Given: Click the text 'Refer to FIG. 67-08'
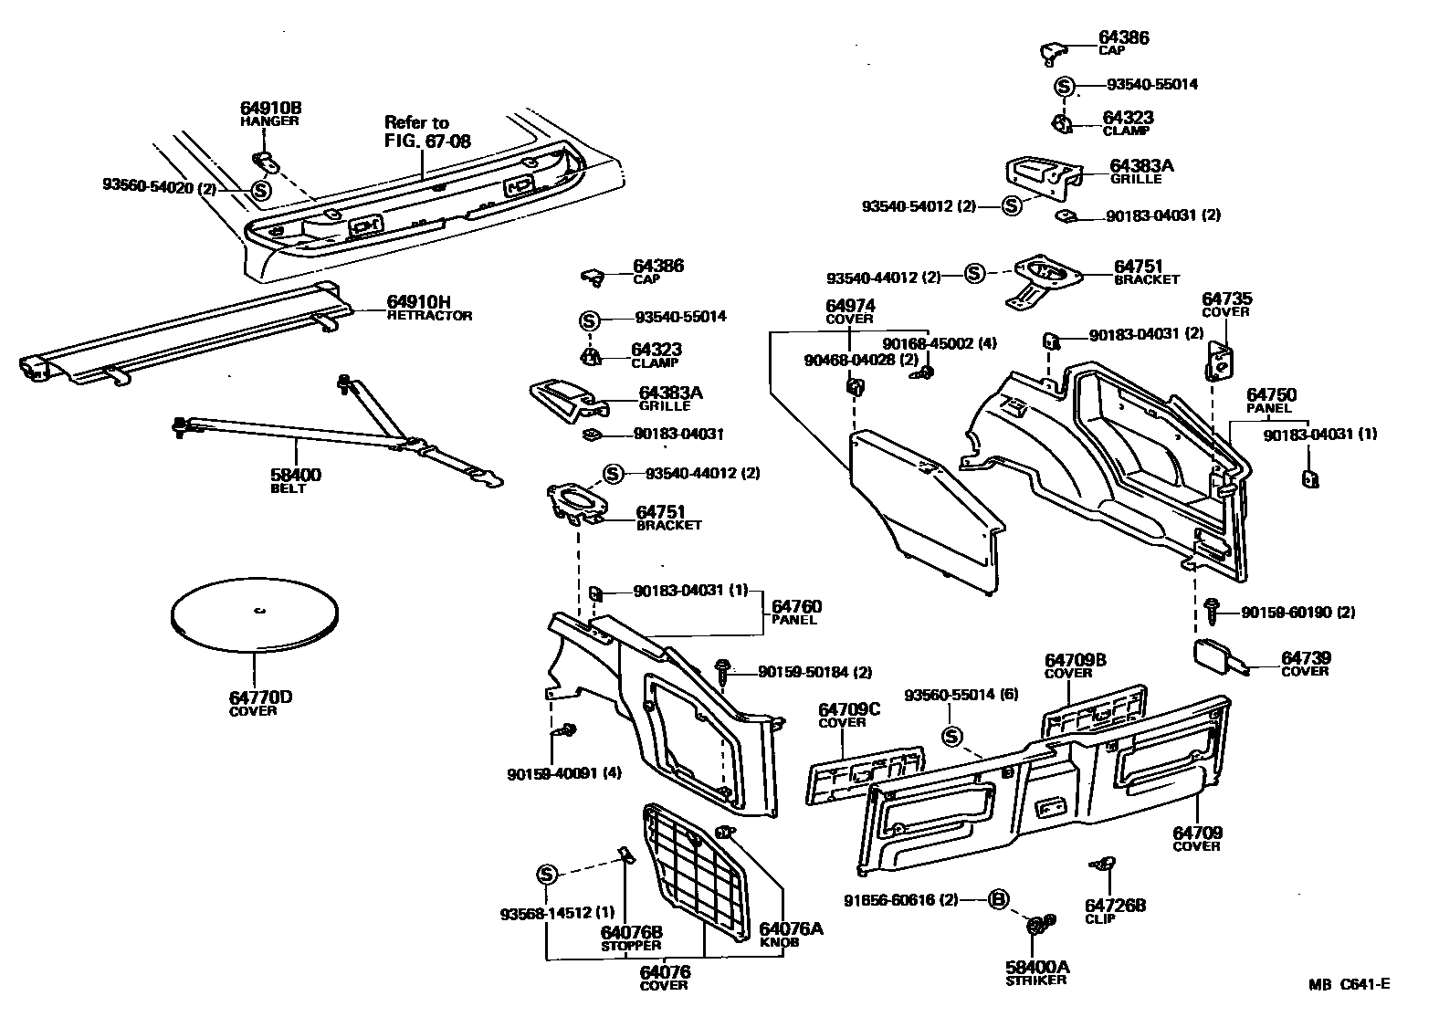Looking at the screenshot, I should (x=416, y=131).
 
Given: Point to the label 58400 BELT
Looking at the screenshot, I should (x=295, y=480).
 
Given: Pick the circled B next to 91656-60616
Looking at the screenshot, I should (x=998, y=900).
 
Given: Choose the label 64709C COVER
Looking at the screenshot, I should (x=849, y=714).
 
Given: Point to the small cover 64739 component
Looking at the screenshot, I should (x=1216, y=656).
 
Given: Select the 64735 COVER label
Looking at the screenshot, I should (x=1226, y=303).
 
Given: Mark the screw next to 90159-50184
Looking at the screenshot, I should (x=722, y=670).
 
